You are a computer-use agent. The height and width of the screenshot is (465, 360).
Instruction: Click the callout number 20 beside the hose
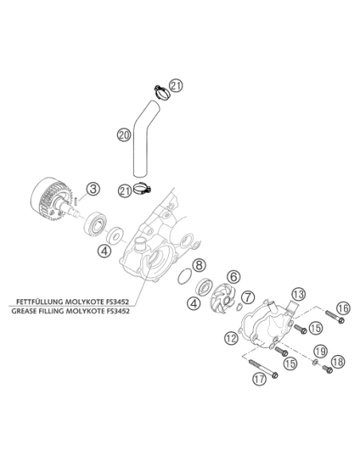(x=123, y=135)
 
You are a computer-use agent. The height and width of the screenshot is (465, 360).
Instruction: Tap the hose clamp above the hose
(x=162, y=92)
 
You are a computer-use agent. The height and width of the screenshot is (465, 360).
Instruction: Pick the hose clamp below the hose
(x=143, y=189)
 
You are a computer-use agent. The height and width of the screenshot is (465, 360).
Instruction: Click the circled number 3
(x=93, y=189)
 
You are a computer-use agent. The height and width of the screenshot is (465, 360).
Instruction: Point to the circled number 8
(x=199, y=264)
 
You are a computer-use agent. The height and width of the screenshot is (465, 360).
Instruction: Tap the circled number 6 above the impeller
(x=233, y=276)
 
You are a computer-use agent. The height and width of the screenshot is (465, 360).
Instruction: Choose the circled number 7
(x=248, y=297)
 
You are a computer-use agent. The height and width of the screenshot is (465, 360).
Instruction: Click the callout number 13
(x=298, y=295)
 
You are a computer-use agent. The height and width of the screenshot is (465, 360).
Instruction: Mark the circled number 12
(x=231, y=338)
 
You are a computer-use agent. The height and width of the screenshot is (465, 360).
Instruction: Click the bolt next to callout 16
(x=335, y=316)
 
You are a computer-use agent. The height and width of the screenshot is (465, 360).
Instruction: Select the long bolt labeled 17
(x=263, y=369)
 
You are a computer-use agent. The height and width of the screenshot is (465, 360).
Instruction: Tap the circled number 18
(x=338, y=361)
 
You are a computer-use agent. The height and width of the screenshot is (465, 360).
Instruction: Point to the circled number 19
(x=320, y=351)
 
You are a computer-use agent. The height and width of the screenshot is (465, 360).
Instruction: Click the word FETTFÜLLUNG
(x=40, y=302)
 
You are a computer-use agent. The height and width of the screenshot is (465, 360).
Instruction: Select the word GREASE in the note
(x=25, y=311)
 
